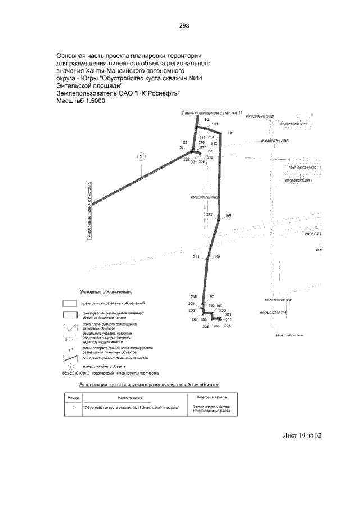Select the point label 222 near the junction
186,160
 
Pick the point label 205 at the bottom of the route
206,326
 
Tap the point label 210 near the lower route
194,296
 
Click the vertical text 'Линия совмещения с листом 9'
89,211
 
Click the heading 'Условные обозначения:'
106,292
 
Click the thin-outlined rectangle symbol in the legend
70,303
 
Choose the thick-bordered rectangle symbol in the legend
70,314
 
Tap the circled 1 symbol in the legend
72,366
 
